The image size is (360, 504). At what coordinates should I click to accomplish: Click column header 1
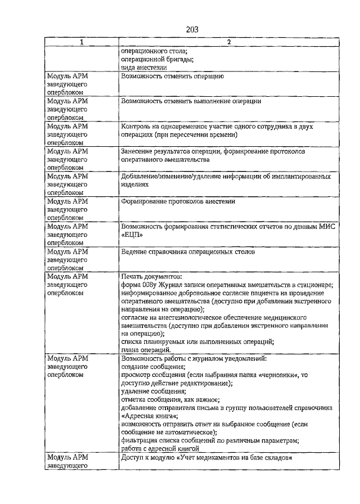[81, 42]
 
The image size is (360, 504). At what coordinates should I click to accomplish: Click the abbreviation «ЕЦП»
[130, 235]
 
